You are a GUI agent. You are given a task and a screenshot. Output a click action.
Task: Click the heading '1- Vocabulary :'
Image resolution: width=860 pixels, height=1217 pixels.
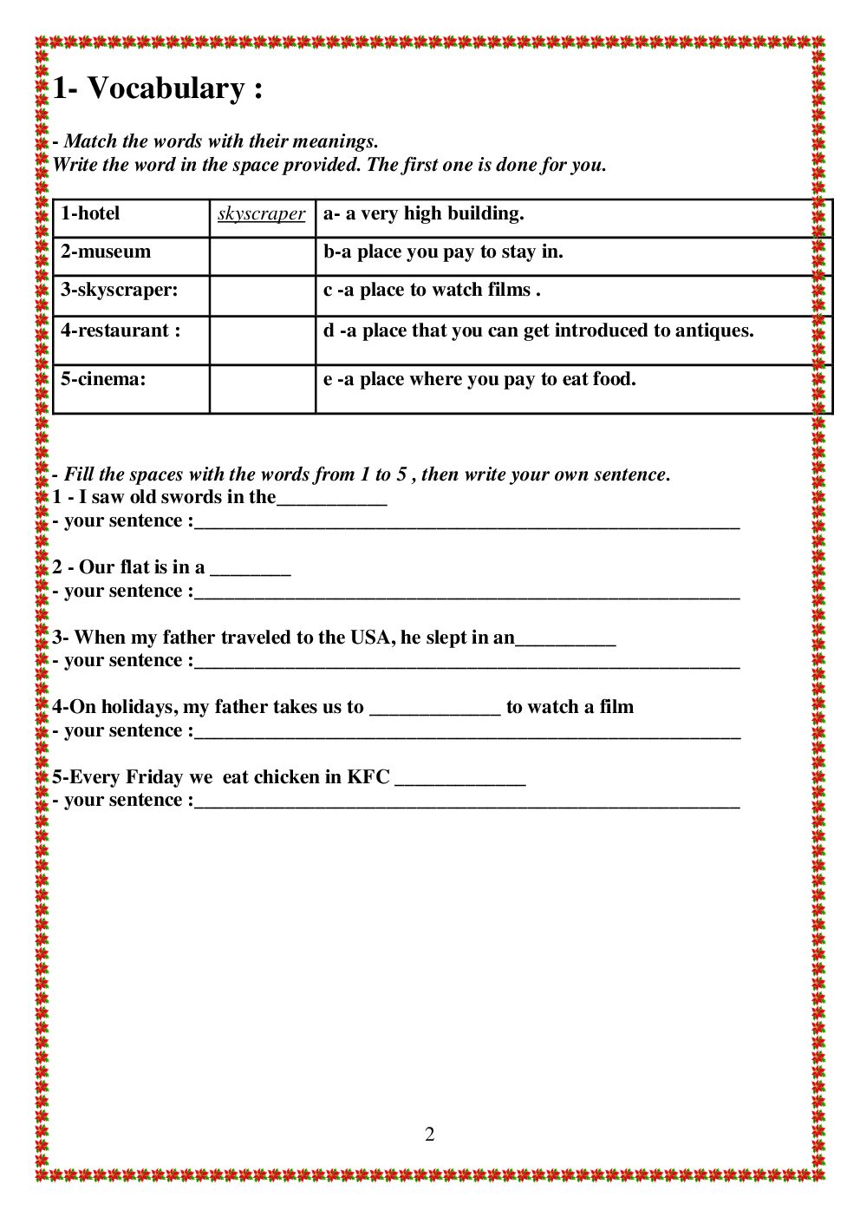[158, 88]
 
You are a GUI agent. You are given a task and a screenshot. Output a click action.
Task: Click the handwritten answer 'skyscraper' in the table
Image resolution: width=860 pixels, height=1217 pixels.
[261, 214]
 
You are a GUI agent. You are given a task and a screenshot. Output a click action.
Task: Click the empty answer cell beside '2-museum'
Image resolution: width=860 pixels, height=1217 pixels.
[262, 257]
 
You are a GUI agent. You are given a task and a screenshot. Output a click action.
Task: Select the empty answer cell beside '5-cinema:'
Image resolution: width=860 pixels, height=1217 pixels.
[262, 389]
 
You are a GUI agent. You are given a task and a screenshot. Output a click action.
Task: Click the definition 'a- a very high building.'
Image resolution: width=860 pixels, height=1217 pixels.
[423, 213]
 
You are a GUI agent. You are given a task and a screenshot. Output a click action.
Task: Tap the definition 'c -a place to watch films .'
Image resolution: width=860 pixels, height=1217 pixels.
[432, 290]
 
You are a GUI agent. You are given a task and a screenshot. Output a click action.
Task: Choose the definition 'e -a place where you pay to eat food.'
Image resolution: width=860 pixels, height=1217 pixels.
[479, 379]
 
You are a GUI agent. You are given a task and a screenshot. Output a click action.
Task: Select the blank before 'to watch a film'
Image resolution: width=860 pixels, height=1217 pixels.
[434, 710]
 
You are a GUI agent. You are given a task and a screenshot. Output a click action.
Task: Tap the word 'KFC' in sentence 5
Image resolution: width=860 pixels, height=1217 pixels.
[368, 777]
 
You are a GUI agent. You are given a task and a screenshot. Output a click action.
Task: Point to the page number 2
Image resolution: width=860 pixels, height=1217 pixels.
[429, 1135]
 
